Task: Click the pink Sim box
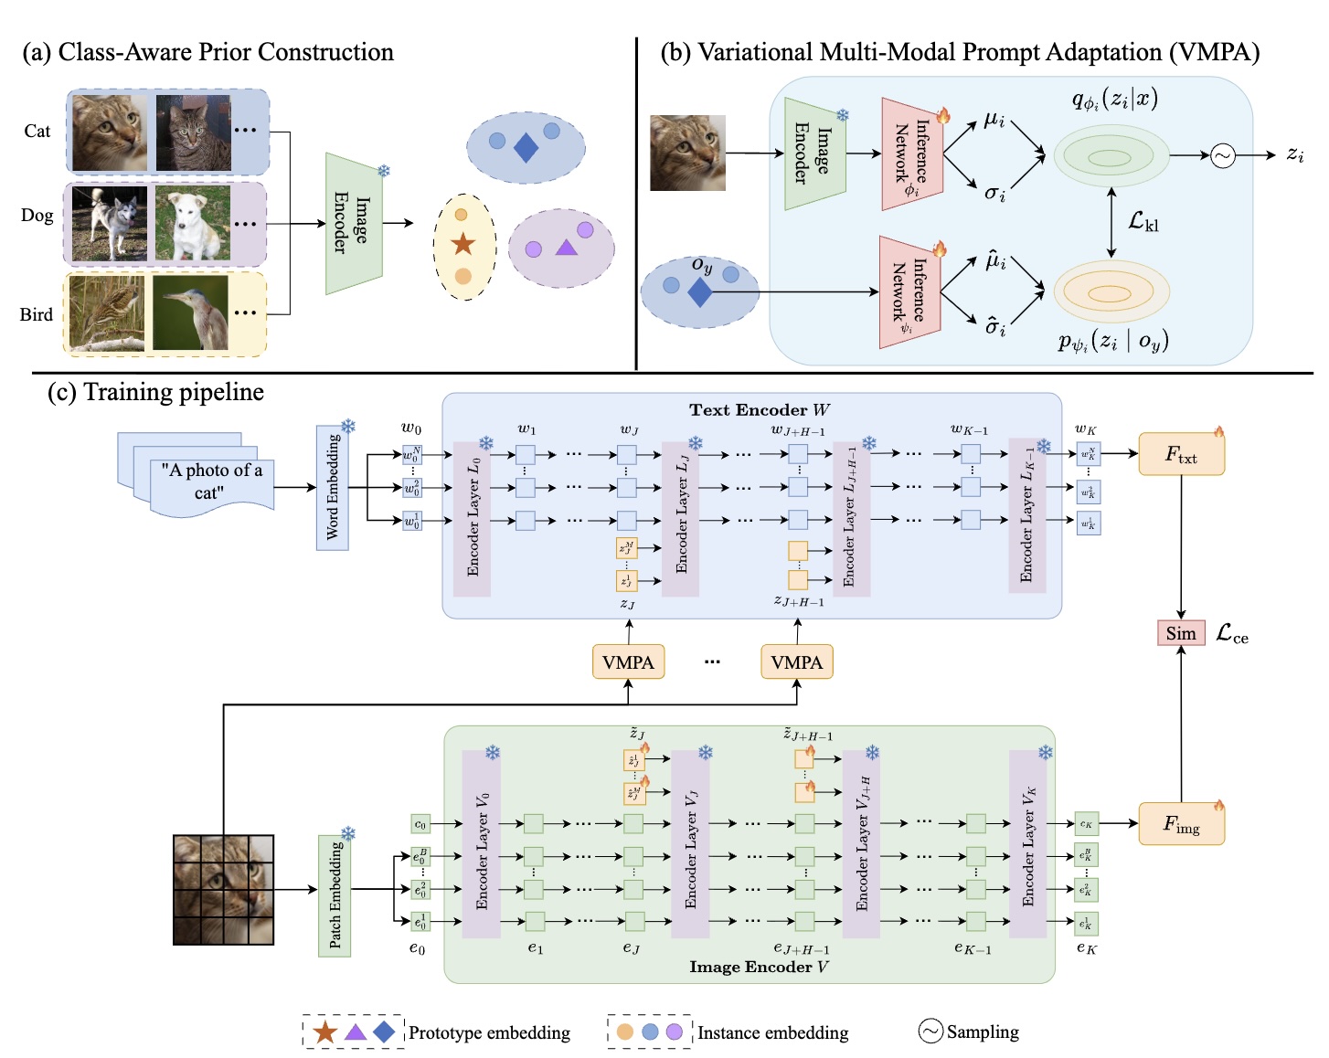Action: [1180, 633]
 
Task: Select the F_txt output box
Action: [1181, 454]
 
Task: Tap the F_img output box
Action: [1181, 824]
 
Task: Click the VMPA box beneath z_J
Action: [628, 662]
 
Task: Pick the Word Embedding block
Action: [333, 487]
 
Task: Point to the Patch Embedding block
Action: [335, 895]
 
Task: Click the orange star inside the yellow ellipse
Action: [463, 244]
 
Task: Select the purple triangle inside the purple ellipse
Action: [566, 247]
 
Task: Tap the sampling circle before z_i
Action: [1222, 156]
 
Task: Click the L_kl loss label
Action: [1143, 221]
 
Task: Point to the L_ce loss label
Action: [1231, 634]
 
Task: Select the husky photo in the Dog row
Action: [110, 224]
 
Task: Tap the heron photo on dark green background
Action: [191, 313]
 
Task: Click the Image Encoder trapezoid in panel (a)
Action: [353, 224]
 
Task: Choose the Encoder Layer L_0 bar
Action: [473, 516]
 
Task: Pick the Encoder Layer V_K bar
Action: [1027, 844]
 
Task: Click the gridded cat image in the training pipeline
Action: [224, 889]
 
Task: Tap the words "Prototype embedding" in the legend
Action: [489, 1032]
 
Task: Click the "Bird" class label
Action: [37, 315]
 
